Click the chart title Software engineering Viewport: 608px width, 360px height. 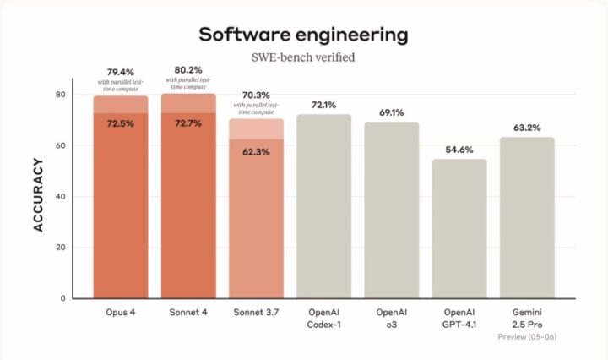click(x=303, y=35)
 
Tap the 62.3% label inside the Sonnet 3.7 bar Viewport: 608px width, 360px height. click(x=256, y=152)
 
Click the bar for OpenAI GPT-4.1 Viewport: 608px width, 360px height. click(x=459, y=229)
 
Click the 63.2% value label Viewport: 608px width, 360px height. click(x=527, y=127)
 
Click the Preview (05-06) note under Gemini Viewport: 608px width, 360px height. click(x=527, y=336)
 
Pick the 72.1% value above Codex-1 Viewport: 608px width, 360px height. click(x=323, y=105)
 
